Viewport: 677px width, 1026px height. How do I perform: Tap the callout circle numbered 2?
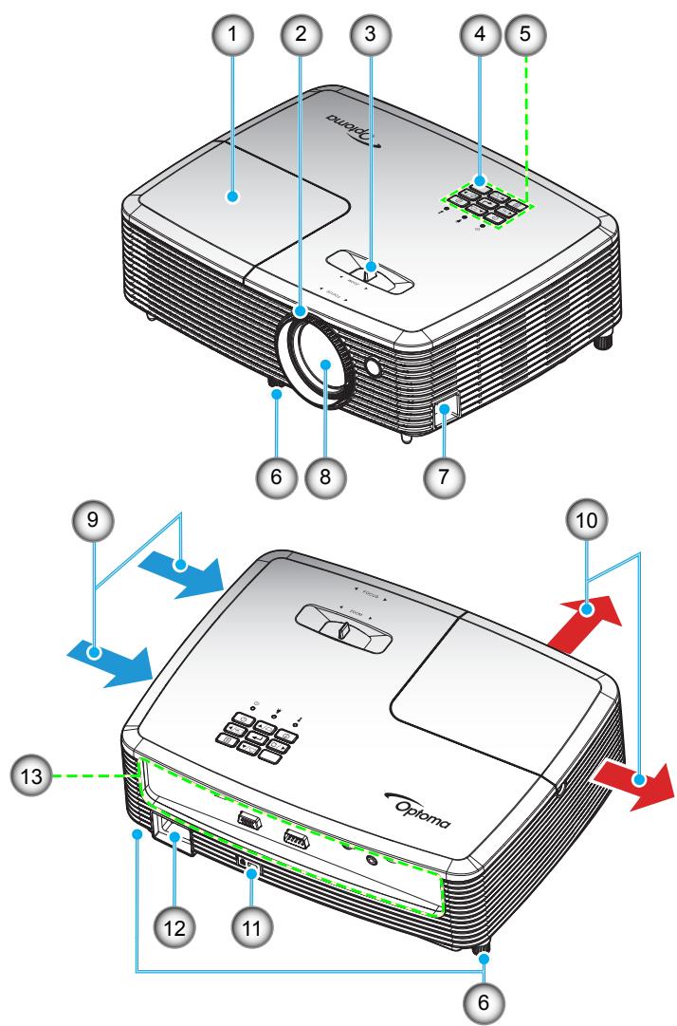tap(301, 35)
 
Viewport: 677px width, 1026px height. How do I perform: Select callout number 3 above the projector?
tap(370, 35)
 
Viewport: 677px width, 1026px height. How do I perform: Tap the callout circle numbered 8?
tap(329, 471)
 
